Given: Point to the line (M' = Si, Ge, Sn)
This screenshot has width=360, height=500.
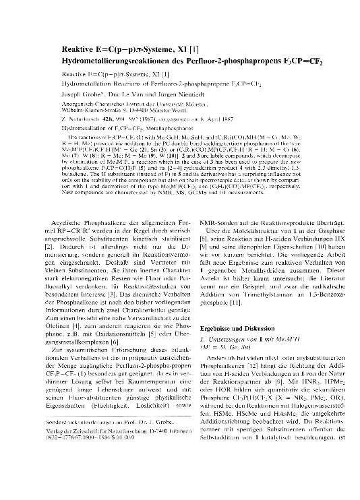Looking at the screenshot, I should click(x=227, y=346).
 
